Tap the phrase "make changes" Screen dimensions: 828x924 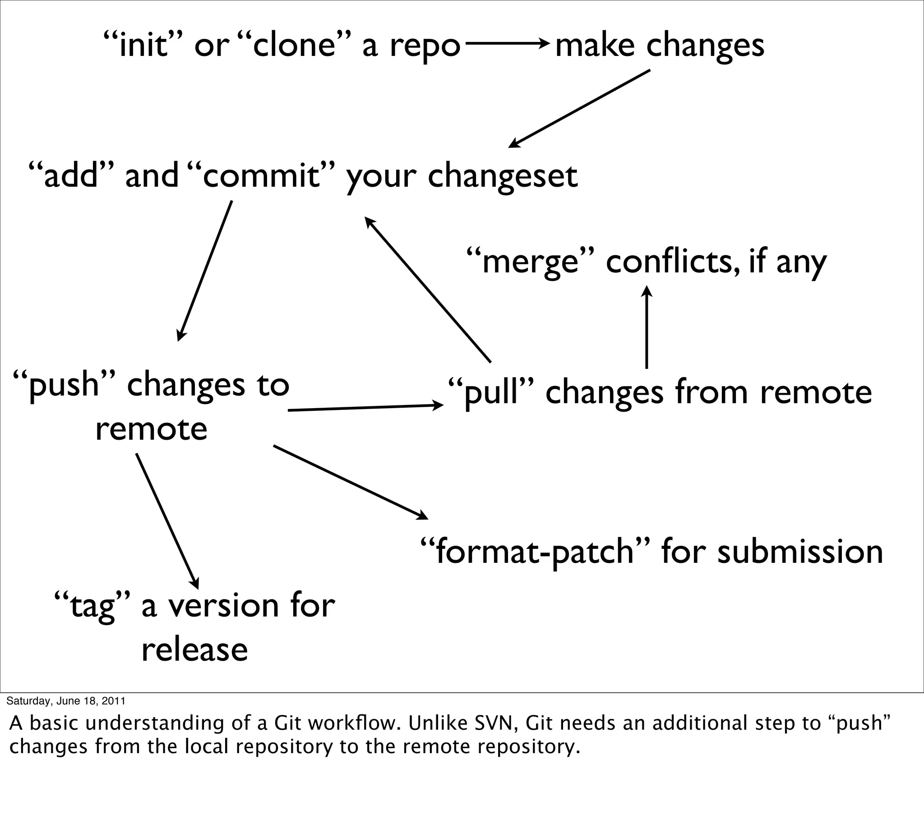click(660, 46)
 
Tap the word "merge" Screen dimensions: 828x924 click(530, 262)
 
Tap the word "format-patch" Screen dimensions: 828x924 click(534, 552)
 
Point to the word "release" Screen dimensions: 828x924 click(195, 650)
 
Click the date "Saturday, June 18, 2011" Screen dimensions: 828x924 click(66, 701)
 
